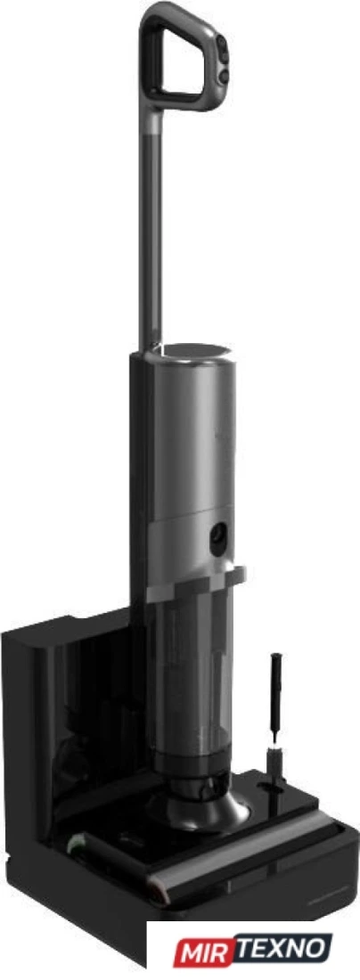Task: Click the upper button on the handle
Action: pyautogui.click(x=222, y=45)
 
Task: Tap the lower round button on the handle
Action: pyautogui.click(x=222, y=76)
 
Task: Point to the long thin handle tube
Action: pyautogui.click(x=151, y=232)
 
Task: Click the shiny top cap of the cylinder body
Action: pyautogui.click(x=192, y=350)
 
